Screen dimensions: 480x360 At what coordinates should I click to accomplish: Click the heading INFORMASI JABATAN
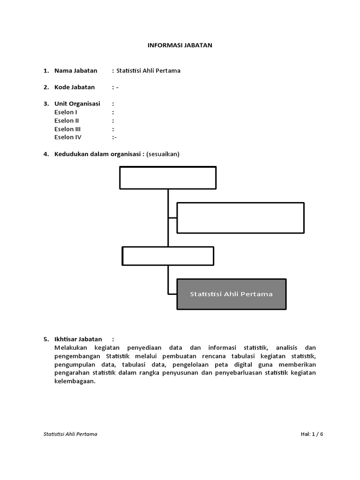180,45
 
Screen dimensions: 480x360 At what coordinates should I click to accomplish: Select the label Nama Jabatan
75,71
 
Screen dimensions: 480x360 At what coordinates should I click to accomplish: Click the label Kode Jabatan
74,87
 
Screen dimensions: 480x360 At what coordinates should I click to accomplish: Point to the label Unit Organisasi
77,104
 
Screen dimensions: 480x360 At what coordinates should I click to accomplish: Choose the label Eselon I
66,112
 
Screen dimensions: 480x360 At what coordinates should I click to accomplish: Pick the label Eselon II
67,120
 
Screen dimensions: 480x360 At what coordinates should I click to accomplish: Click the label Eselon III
67,129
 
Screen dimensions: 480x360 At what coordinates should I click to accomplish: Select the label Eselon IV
67,137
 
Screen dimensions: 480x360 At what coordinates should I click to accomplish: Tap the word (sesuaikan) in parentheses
163,154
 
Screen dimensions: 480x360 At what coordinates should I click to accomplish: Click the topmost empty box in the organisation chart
168,178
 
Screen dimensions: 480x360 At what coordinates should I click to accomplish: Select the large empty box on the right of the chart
240,217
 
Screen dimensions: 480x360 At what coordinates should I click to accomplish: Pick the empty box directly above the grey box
168,256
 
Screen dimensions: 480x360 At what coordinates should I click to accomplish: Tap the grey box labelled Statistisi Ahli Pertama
231,294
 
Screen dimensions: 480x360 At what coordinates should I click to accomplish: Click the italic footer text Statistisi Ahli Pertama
70,434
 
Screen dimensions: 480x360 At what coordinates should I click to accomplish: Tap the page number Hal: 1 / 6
312,434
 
